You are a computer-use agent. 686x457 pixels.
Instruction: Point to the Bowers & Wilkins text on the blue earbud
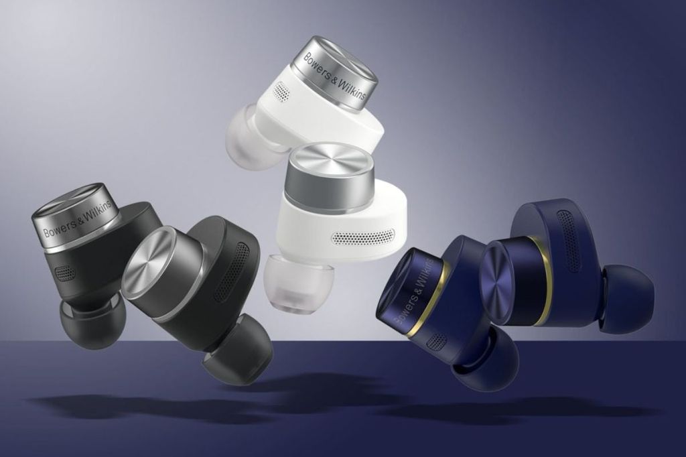[x=414, y=289]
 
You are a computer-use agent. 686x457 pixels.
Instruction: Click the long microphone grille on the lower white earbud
[x=362, y=237]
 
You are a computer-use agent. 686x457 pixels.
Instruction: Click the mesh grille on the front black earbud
[x=231, y=271]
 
